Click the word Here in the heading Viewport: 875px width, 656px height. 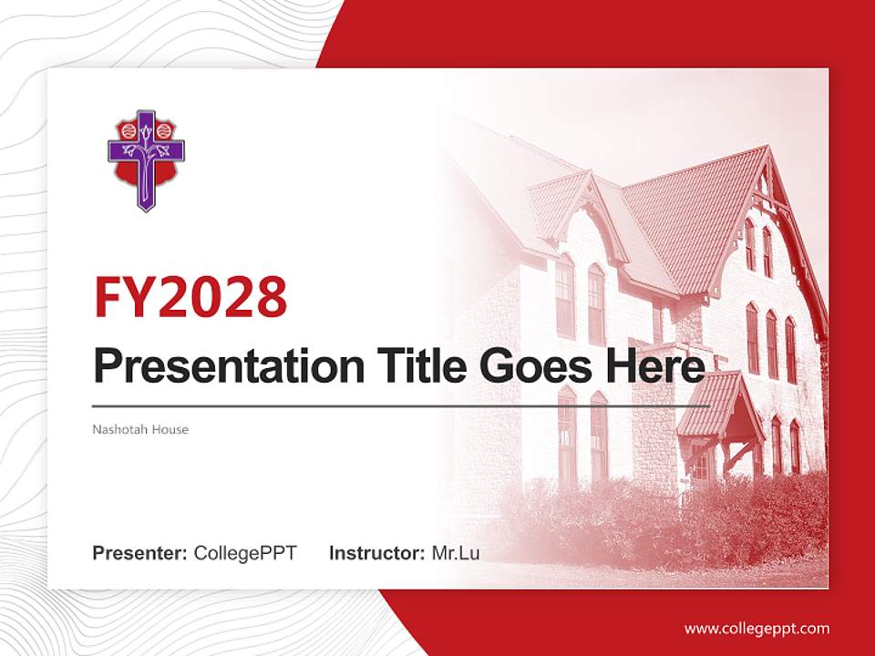pyautogui.click(x=657, y=366)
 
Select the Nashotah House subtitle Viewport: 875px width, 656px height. pyautogui.click(x=140, y=429)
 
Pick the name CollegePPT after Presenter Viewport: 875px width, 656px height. pyautogui.click(x=245, y=553)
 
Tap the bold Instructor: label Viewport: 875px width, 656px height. pyautogui.click(x=376, y=553)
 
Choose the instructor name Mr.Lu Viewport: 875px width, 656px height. pyautogui.click(x=456, y=553)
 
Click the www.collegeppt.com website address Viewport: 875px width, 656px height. pyautogui.click(x=757, y=629)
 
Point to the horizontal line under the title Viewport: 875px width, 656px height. pyautogui.click(x=401, y=406)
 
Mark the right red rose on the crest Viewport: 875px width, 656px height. pyautogui.click(x=163, y=131)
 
